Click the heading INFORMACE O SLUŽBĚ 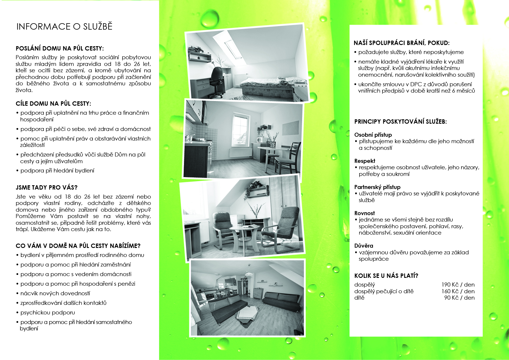tap(64, 27)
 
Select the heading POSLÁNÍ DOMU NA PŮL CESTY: tap(59, 48)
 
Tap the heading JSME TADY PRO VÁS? tap(46, 187)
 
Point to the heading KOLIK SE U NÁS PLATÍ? tap(386, 276)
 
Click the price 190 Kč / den tap(458, 285)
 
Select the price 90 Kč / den tap(459, 298)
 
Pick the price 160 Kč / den tap(458, 291)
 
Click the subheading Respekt tap(365, 161)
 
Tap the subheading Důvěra tap(364, 246)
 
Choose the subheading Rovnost tap(364, 213)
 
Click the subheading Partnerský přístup tap(377, 187)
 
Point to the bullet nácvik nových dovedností tap(55, 294)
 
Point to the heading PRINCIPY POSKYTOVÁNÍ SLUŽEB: tap(400, 122)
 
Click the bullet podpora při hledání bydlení tap(57, 171)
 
